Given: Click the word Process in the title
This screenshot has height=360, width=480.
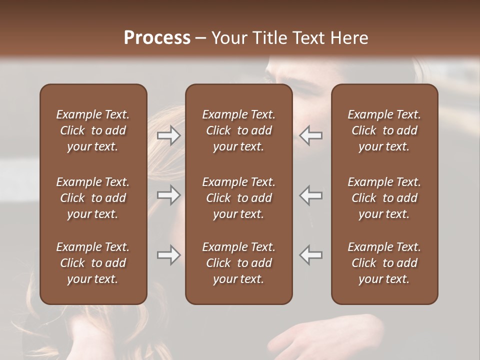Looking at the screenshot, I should pyautogui.click(x=157, y=38).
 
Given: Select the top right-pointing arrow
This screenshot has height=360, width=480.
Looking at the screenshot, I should pyautogui.click(x=168, y=135).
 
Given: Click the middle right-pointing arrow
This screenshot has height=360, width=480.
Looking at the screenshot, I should pyautogui.click(x=168, y=195).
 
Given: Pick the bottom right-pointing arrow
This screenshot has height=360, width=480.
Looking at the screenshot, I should pyautogui.click(x=168, y=255).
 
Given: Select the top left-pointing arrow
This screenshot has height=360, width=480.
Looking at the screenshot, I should pyautogui.click(x=311, y=135).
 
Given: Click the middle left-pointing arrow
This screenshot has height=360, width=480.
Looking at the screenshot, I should pyautogui.click(x=311, y=195).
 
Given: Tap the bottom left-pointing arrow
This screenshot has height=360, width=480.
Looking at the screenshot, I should pyautogui.click(x=311, y=255).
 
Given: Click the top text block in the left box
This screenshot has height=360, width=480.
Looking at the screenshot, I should pyautogui.click(x=93, y=130).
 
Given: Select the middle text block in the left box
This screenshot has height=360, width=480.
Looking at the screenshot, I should pyautogui.click(x=93, y=198).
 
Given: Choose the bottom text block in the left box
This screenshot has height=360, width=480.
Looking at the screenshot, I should pyautogui.click(x=93, y=263).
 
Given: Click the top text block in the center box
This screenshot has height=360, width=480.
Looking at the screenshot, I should pyautogui.click(x=238, y=130).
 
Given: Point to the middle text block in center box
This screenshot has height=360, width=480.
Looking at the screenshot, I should pyautogui.click(x=238, y=198).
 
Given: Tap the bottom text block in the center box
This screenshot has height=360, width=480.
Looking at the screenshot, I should pyautogui.click(x=238, y=263).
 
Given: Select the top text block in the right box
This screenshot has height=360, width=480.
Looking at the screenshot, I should pyautogui.click(x=384, y=130).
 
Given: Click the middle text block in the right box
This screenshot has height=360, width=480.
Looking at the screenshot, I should pyautogui.click(x=384, y=198).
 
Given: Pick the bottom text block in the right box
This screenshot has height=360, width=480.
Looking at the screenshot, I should pyautogui.click(x=384, y=263).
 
